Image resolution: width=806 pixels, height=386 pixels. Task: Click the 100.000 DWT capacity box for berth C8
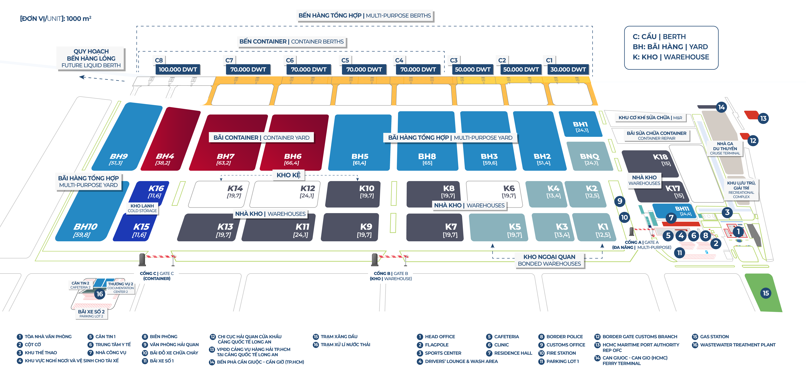pyautogui.click(x=177, y=69)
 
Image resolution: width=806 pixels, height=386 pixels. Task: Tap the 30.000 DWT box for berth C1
pyautogui.click(x=568, y=69)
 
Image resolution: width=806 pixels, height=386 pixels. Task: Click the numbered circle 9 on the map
pyautogui.click(x=619, y=201)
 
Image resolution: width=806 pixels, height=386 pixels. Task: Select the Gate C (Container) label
pyautogui.click(x=157, y=276)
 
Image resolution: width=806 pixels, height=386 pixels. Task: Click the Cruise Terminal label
pyautogui.click(x=725, y=148)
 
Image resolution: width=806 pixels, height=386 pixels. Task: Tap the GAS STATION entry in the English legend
pyautogui.click(x=714, y=337)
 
